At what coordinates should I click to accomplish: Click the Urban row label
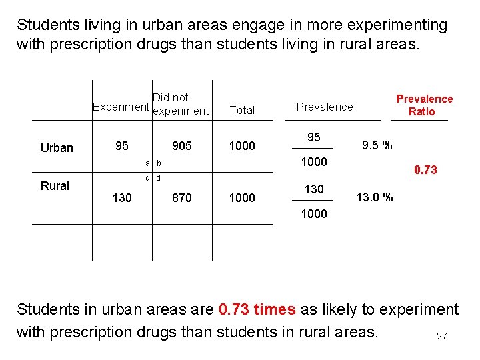(x=57, y=148)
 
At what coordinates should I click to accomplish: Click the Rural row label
(x=55, y=186)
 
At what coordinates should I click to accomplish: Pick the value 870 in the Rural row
(x=181, y=197)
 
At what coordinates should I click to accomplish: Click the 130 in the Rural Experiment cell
(x=122, y=197)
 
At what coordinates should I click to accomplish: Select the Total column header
(x=242, y=111)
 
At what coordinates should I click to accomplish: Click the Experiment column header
(x=121, y=107)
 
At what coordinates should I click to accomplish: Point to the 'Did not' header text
(x=171, y=97)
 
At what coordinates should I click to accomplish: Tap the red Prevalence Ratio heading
(x=424, y=105)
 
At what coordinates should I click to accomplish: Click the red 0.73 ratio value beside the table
(x=425, y=170)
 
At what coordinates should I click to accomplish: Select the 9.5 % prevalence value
(x=377, y=145)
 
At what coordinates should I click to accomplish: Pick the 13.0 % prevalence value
(x=375, y=197)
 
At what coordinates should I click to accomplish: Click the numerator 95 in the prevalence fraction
(x=313, y=137)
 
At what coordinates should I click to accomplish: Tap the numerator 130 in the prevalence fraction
(x=313, y=189)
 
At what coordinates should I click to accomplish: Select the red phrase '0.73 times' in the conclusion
(x=257, y=310)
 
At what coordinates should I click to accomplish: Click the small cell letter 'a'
(x=147, y=163)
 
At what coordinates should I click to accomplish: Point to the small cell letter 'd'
(x=158, y=177)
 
